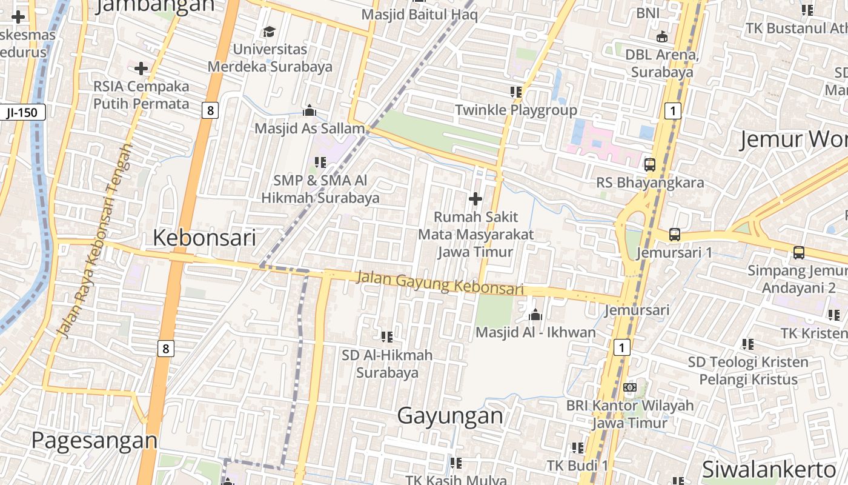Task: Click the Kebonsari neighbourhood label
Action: [x=204, y=238]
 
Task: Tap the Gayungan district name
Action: [x=450, y=416]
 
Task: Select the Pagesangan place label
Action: [x=94, y=440]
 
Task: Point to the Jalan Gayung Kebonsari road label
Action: [x=440, y=283]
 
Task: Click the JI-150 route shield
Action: [x=22, y=112]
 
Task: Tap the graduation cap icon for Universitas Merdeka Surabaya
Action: [x=269, y=32]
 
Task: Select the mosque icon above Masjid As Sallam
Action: [x=310, y=110]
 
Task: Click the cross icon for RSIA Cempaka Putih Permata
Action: [x=141, y=69]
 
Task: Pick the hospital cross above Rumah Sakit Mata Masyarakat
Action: [x=475, y=198]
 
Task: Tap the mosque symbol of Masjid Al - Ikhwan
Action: [x=535, y=315]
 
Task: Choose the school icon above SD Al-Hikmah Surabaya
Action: [x=387, y=336]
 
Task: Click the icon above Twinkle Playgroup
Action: [x=515, y=92]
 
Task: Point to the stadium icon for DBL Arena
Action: [x=662, y=37]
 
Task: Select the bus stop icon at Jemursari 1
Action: [x=675, y=235]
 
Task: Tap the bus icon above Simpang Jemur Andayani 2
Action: [x=799, y=253]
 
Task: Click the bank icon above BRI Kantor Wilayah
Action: [x=630, y=387]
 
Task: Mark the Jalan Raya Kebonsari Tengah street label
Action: [x=94, y=241]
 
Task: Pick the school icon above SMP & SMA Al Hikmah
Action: [x=320, y=162]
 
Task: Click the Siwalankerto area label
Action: [x=769, y=469]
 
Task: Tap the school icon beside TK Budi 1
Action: [x=578, y=448]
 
